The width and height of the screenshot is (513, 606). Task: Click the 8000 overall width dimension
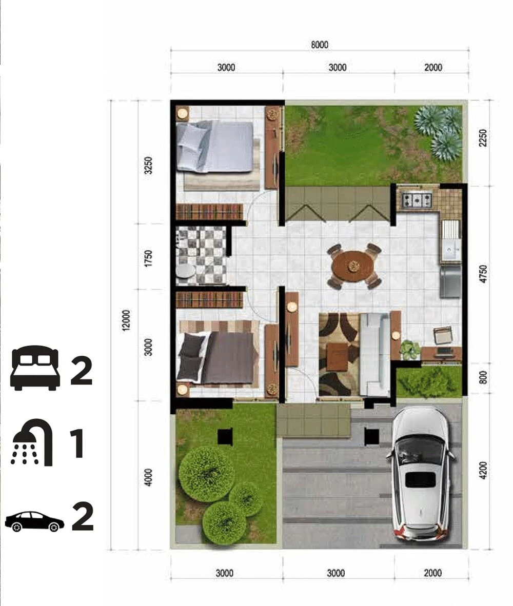(319, 45)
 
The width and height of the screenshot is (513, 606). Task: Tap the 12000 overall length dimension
(126, 320)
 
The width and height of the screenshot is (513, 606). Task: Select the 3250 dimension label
(148, 166)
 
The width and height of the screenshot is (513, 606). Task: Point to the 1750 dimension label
(148, 258)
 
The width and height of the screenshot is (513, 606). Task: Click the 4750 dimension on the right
(483, 274)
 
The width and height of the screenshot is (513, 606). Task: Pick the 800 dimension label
(483, 377)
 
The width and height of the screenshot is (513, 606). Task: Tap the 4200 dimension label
(483, 470)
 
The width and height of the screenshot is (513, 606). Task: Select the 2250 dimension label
(483, 137)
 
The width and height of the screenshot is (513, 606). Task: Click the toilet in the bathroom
(186, 271)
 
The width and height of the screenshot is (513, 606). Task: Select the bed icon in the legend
(35, 368)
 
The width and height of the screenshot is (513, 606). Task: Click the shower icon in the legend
(32, 442)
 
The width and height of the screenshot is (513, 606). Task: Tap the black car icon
(34, 521)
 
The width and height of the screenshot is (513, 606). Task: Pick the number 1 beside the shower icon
(77, 443)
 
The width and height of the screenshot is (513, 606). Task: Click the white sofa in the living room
(374, 354)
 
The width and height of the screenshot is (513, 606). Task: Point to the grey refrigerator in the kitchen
(450, 282)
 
